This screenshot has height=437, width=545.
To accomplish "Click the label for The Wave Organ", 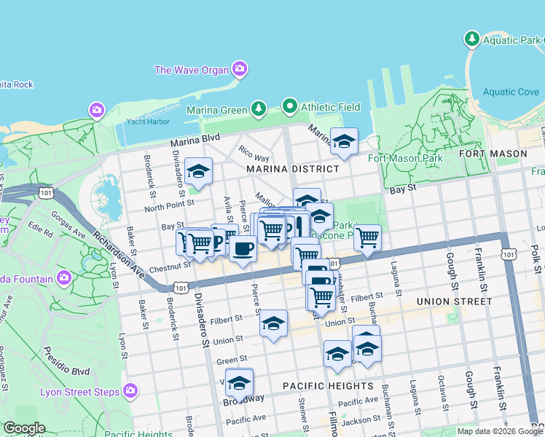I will (192, 70).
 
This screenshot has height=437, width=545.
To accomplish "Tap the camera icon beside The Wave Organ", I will (240, 70).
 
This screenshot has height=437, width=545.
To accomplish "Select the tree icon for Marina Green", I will (258, 109).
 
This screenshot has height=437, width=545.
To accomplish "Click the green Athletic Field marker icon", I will (290, 107).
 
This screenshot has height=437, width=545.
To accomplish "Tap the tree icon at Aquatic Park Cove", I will (472, 38).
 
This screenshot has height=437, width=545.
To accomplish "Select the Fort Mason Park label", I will (405, 158).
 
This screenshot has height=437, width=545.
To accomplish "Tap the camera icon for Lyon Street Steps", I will (130, 392).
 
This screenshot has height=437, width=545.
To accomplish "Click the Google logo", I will (23, 428).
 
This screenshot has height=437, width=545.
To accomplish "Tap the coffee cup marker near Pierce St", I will (243, 249).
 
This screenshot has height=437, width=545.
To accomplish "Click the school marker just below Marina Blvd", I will (344, 141).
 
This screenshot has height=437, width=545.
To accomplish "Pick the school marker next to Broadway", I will (239, 382).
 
